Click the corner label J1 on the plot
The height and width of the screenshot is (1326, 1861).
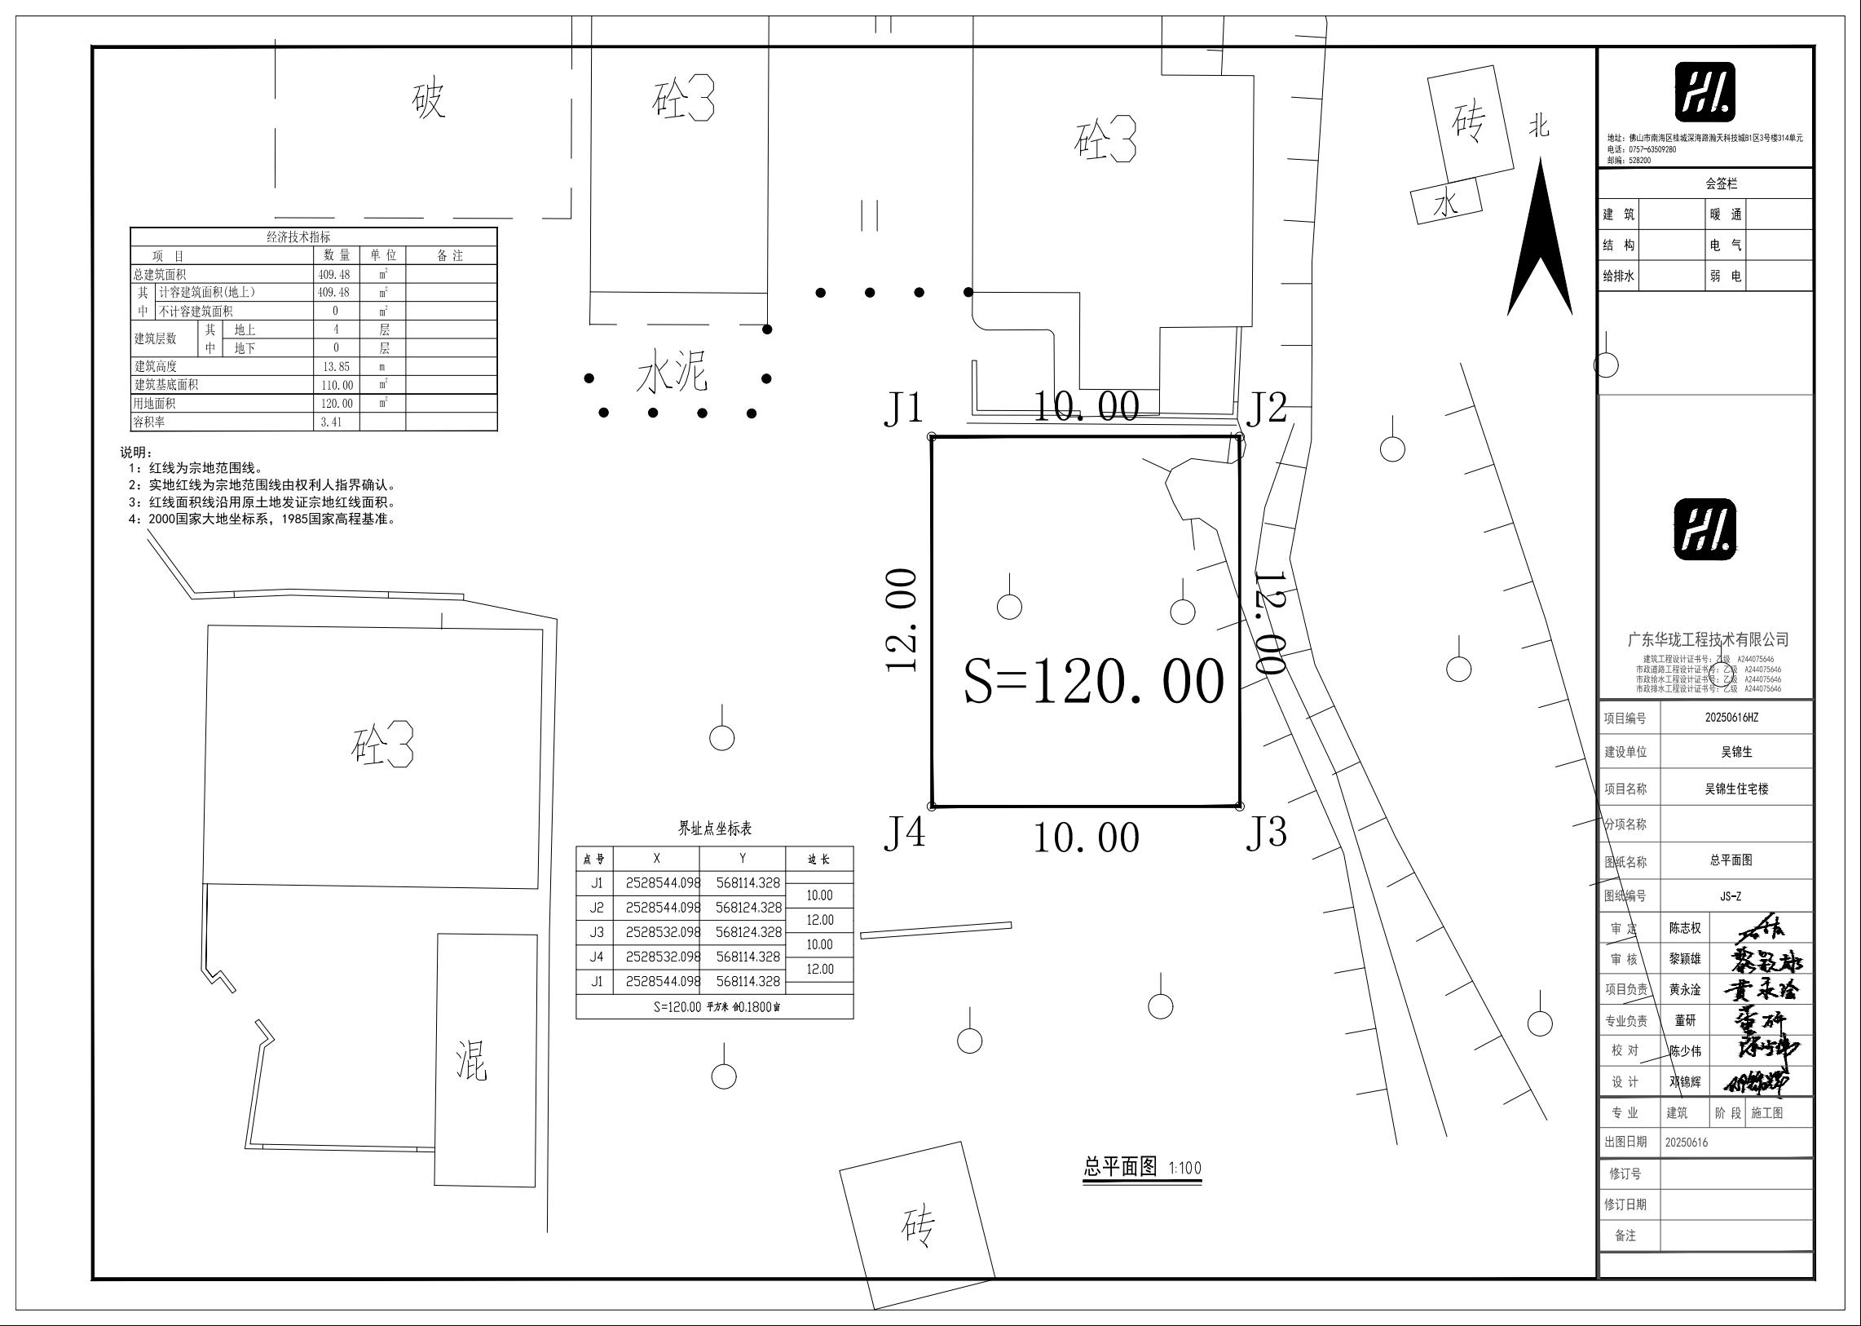coord(902,409)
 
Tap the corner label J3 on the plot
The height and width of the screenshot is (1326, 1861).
coord(1266,832)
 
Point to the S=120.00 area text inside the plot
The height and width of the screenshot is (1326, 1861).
coord(1094,682)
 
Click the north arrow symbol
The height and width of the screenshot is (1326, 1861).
coord(1539,236)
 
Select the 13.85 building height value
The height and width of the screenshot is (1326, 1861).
coord(336,367)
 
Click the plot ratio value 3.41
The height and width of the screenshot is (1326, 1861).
coord(331,422)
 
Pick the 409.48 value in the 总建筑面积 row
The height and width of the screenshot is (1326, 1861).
coord(334,274)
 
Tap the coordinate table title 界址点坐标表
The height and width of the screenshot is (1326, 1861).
coord(715,829)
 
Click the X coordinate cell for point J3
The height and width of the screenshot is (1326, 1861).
coord(663,931)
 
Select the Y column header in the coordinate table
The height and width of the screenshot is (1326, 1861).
coord(742,858)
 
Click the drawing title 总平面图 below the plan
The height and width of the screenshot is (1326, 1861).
coord(1121,1166)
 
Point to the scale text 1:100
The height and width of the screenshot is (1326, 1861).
coord(1184,1168)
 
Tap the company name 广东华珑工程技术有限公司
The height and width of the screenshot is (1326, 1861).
coord(1708,639)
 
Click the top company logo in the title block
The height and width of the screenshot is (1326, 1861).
coord(1704,92)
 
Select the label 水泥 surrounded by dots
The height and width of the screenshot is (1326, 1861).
coord(672,373)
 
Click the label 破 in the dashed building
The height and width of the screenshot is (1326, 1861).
coord(428,99)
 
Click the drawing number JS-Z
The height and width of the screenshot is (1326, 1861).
coord(1731,895)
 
